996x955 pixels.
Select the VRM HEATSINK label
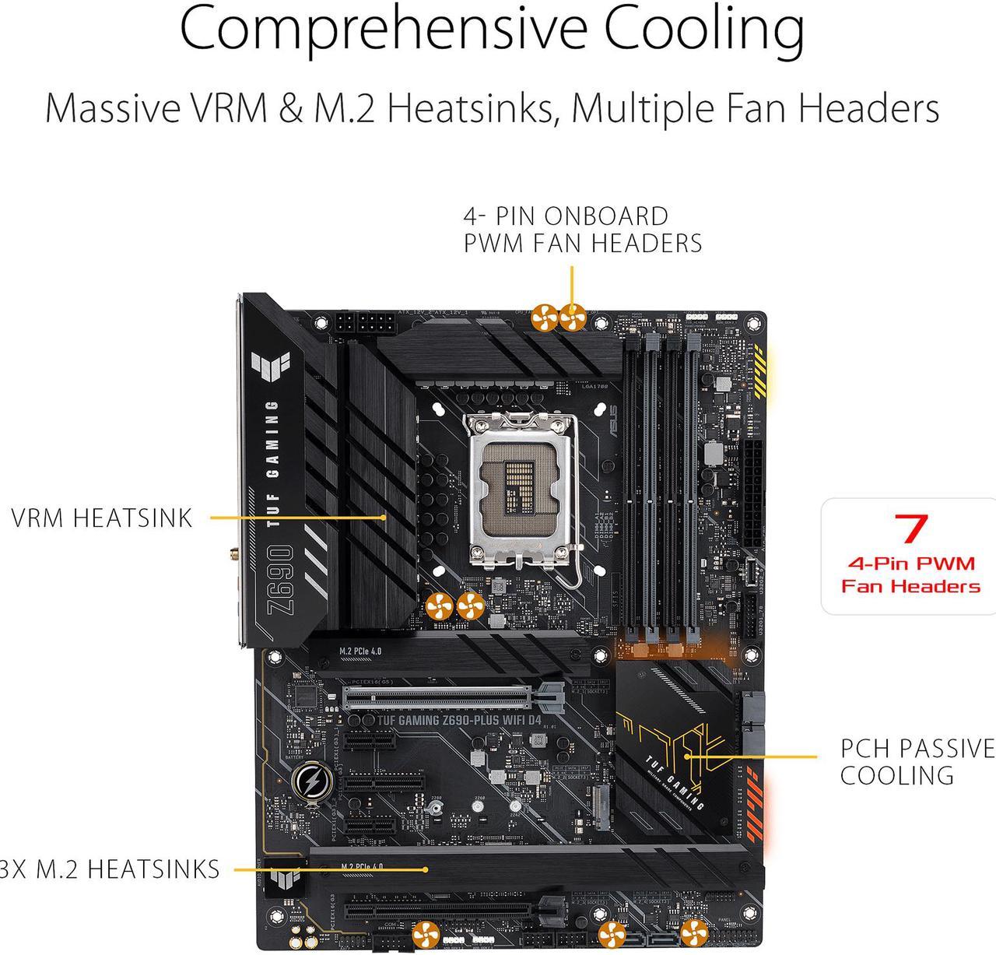(102, 518)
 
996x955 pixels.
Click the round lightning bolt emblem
(310, 781)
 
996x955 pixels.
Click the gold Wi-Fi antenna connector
(234, 555)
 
